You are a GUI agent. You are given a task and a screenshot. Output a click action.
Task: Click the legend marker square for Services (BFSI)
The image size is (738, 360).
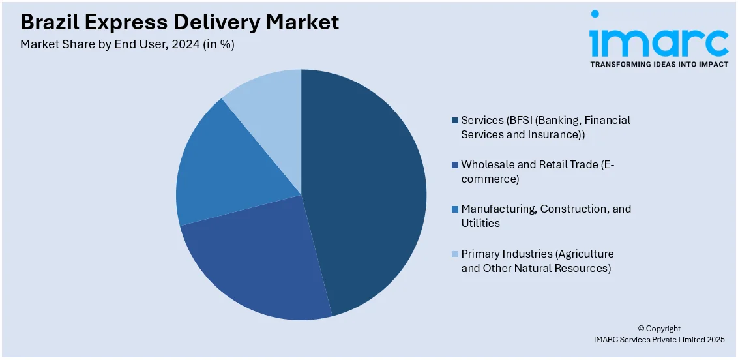(x=454, y=121)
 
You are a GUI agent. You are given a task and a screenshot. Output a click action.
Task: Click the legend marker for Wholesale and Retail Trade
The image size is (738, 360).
(x=454, y=165)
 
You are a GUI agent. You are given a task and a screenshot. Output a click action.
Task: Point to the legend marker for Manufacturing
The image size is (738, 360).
(x=454, y=209)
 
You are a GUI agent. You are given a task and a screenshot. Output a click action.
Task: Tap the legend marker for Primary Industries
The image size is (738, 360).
(x=454, y=254)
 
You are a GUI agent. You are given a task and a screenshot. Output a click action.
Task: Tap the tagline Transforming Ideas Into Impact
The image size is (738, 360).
(x=658, y=64)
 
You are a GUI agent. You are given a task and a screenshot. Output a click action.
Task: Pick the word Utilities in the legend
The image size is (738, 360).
(x=480, y=223)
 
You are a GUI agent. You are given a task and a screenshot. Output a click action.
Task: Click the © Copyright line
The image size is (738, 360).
(x=658, y=329)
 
